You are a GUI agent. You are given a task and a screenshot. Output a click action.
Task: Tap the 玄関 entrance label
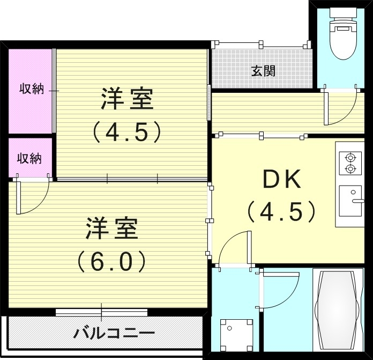point(263,70)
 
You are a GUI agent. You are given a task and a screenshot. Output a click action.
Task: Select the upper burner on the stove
point(350,158)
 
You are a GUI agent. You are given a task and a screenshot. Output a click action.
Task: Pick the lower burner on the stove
point(350,170)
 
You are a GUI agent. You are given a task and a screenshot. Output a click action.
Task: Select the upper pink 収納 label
point(31,89)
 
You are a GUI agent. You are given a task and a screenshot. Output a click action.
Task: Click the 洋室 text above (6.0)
point(112,229)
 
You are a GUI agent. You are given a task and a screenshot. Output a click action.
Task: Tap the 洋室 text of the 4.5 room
point(128,99)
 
